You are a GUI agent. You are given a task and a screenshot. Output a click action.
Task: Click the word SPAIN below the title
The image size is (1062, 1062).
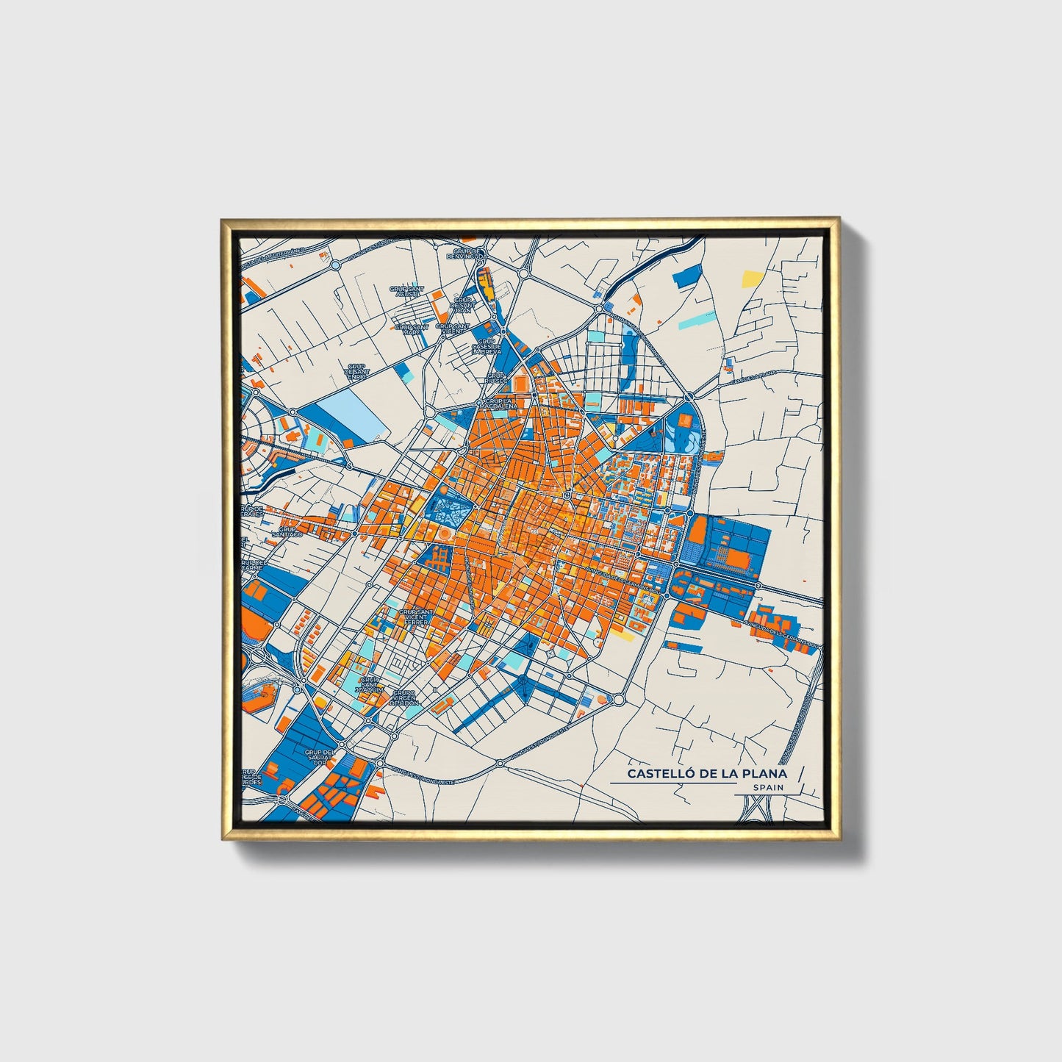pyautogui.click(x=768, y=787)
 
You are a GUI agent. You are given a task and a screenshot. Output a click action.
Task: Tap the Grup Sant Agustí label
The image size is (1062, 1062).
pyautogui.click(x=407, y=292)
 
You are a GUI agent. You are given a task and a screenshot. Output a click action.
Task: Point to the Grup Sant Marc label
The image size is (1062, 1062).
pyautogui.click(x=412, y=329)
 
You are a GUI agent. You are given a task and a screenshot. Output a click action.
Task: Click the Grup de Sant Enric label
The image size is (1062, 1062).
pyautogui.click(x=357, y=371)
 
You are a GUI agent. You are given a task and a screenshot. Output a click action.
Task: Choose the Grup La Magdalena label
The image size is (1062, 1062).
pyautogui.click(x=499, y=403)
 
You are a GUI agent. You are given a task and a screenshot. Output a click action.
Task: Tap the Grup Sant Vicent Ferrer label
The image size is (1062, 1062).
pyautogui.click(x=416, y=617)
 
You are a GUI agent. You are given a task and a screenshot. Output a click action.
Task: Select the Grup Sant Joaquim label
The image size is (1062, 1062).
pyautogui.click(x=369, y=686)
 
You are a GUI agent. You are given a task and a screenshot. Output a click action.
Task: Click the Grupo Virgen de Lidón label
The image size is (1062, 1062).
pyautogui.click(x=404, y=697)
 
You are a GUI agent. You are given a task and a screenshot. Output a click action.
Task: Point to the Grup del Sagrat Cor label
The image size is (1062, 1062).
pyautogui.click(x=320, y=758)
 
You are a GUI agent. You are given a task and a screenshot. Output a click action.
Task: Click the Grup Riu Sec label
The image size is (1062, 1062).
pyautogui.click(x=496, y=378)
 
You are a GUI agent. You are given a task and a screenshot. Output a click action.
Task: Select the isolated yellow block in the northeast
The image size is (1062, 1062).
pyautogui.click(x=752, y=278)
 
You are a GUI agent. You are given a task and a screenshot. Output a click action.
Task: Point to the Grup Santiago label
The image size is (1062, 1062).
pyautogui.click(x=287, y=531)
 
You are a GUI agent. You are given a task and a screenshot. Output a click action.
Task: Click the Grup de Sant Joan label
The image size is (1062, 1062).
pyautogui.click(x=462, y=305)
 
